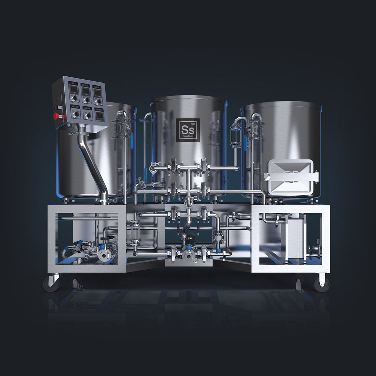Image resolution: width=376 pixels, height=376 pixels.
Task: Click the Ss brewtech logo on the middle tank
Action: point(188,130)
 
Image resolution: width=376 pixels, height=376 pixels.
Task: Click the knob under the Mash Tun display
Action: point(99,102)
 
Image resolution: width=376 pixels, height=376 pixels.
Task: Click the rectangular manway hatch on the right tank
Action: point(290,175)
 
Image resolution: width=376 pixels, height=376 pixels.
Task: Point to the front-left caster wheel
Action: point(51,284)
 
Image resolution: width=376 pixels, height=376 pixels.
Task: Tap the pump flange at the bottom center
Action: point(188,255)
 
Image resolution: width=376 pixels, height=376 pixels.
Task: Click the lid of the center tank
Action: point(188,99)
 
